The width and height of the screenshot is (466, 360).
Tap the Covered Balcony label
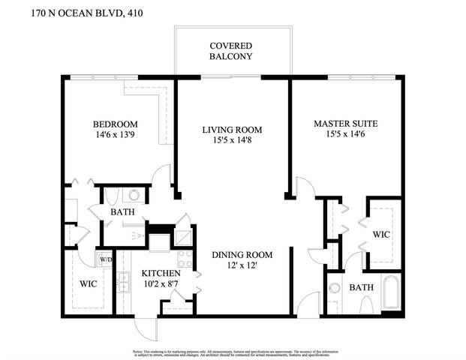pyautogui.click(x=230, y=51)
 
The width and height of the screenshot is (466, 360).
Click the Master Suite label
pyautogui.click(x=345, y=123)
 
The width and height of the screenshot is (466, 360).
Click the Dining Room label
pyautogui.click(x=241, y=254)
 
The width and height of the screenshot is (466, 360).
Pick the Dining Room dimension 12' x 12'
pyautogui.click(x=241, y=266)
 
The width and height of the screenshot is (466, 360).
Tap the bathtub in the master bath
pyautogui.click(x=389, y=293)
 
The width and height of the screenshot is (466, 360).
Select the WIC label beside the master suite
pyautogui.click(x=382, y=235)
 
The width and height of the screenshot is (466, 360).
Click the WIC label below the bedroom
pyautogui.click(x=88, y=285)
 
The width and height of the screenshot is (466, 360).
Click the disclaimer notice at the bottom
pyautogui.click(x=233, y=352)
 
